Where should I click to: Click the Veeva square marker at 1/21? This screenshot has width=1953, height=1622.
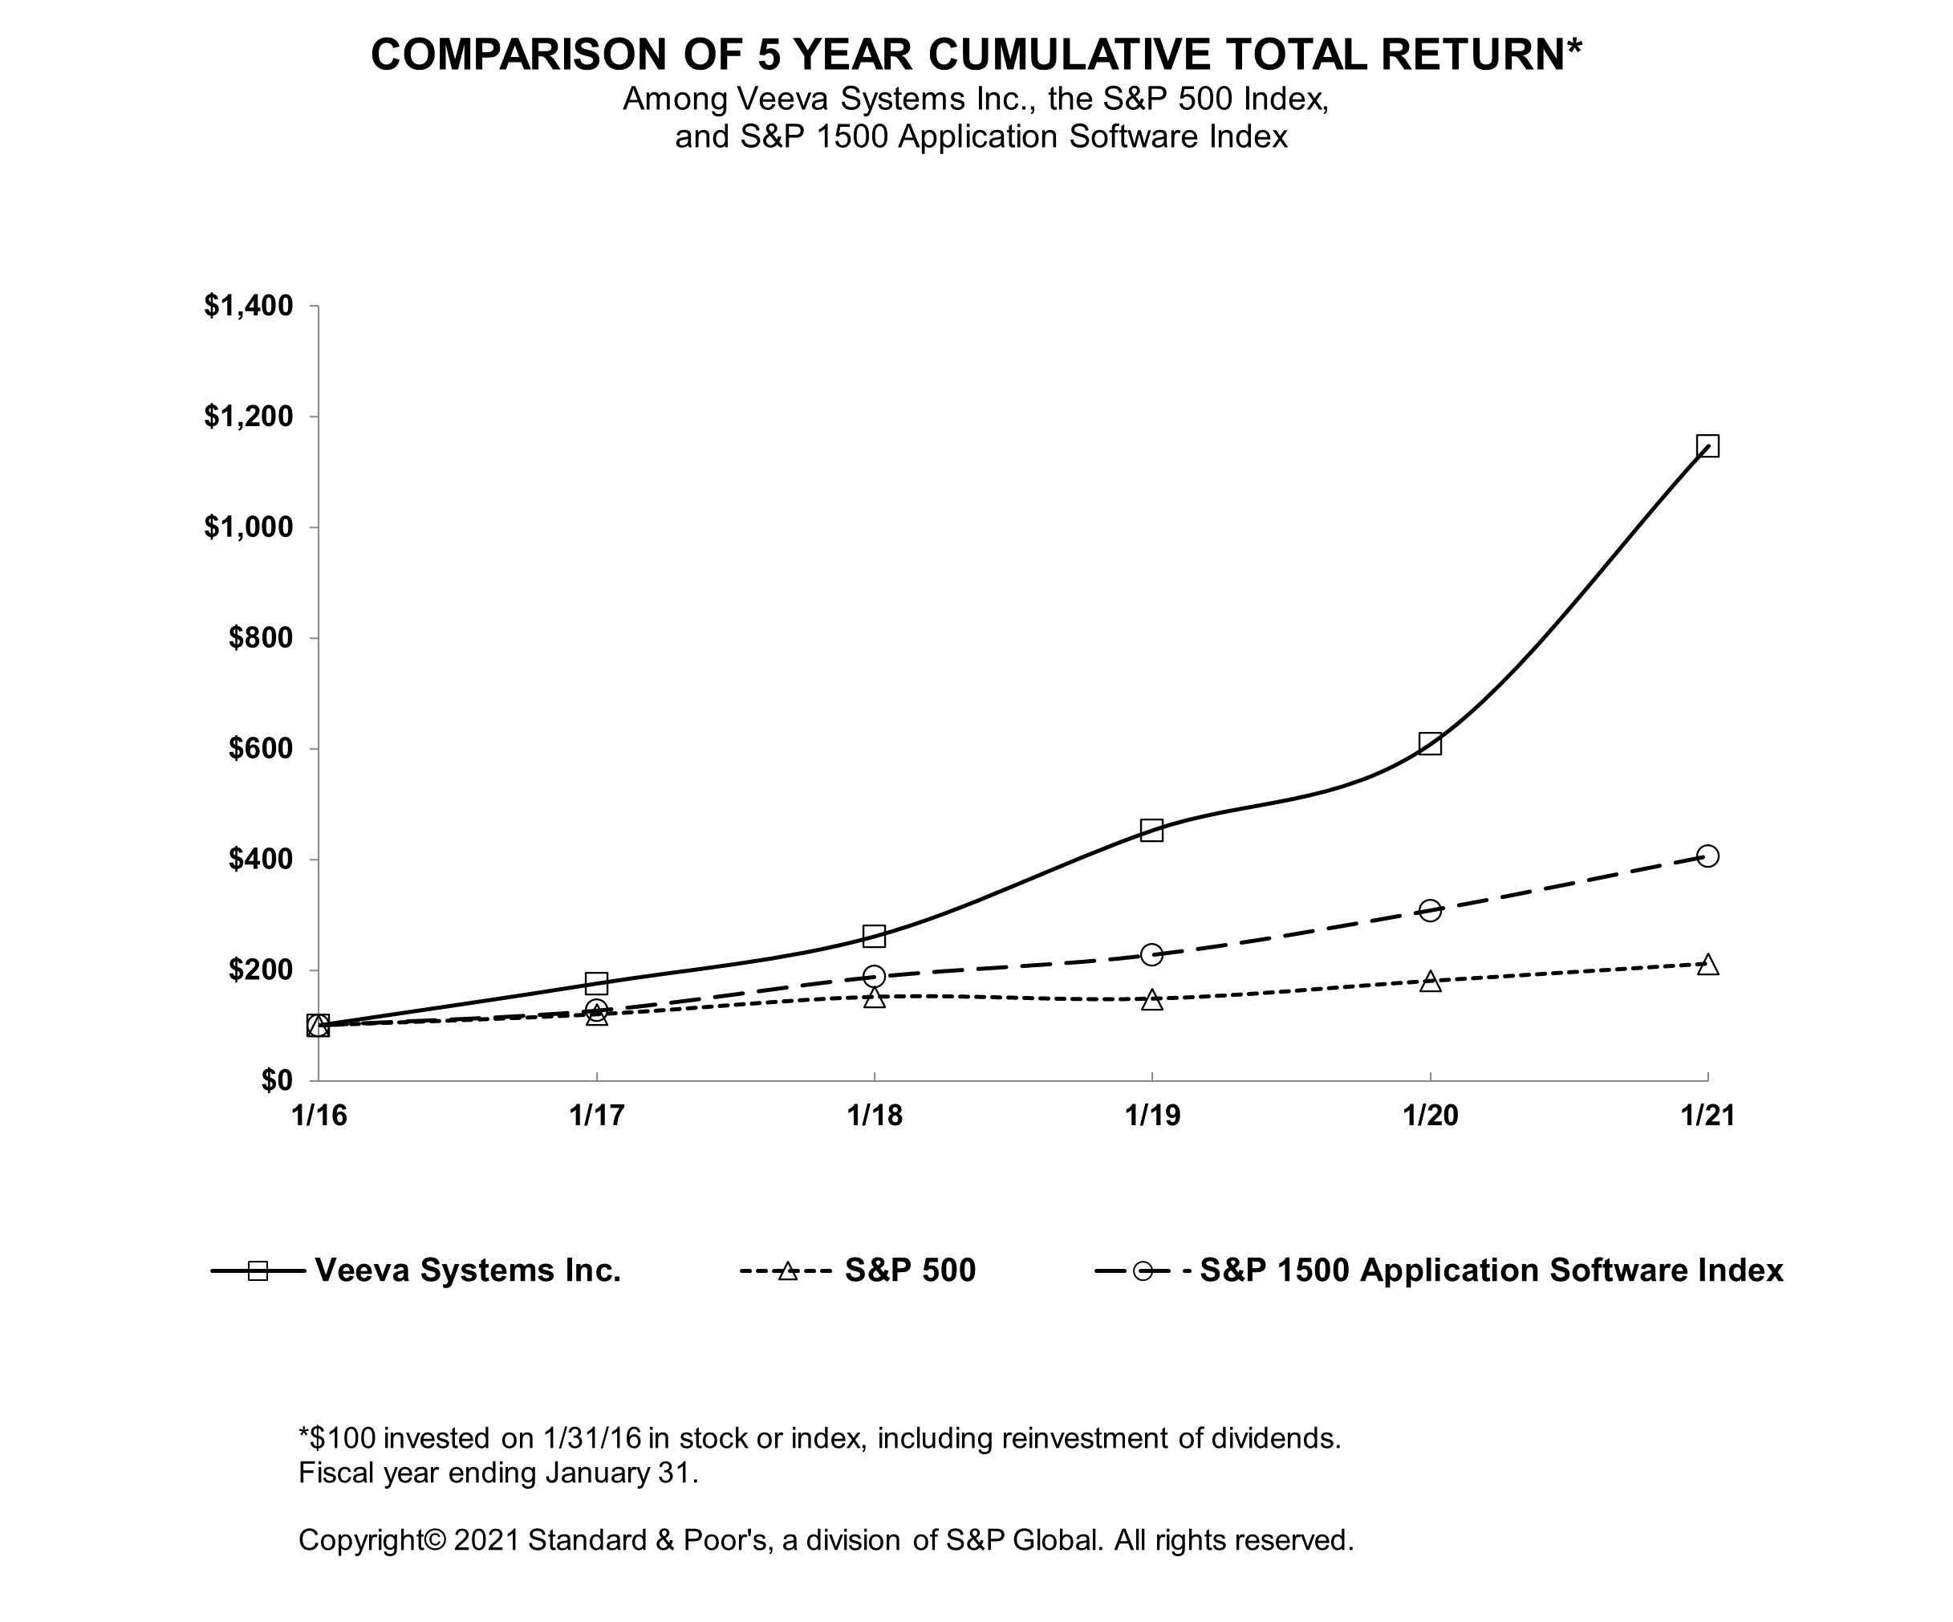tap(1707, 445)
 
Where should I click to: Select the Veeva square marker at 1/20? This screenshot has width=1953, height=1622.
tap(1431, 743)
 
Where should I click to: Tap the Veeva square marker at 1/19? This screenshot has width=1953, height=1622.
tap(1151, 830)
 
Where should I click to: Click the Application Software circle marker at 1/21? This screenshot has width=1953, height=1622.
tap(1707, 856)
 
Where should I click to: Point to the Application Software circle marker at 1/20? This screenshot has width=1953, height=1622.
tap(1431, 909)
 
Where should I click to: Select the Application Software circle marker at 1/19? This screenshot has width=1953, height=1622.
tap(1151, 954)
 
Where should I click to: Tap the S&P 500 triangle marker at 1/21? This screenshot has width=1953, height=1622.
tap(1707, 965)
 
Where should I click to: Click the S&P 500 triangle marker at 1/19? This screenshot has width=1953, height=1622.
tap(1151, 1000)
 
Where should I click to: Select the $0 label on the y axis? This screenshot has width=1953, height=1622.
tap(276, 1081)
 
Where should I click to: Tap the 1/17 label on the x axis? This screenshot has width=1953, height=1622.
tap(596, 1115)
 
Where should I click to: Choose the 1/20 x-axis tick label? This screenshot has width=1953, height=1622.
tap(1431, 1115)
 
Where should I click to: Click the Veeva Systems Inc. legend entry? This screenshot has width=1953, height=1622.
tap(468, 1270)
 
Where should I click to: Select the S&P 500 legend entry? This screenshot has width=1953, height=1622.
tap(910, 1270)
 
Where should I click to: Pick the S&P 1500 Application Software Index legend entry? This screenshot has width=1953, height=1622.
tap(1491, 1270)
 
